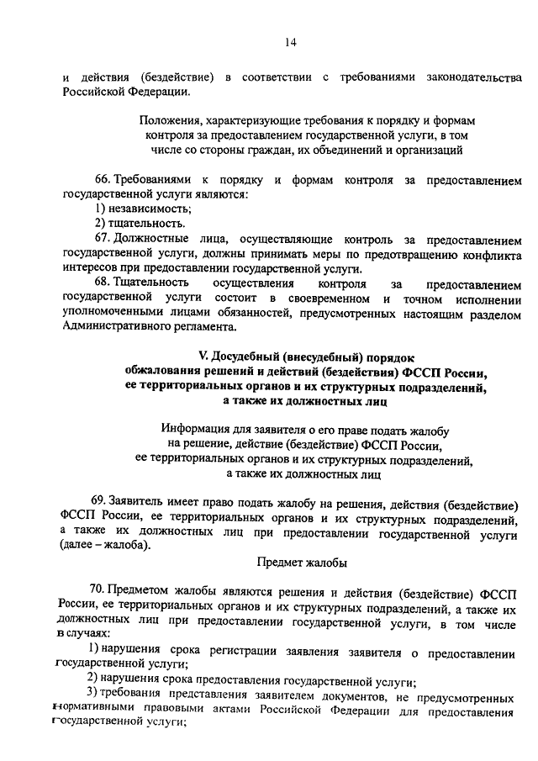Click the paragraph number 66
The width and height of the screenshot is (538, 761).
103,181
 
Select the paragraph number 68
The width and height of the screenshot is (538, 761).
103,282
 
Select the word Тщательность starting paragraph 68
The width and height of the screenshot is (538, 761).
151,282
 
